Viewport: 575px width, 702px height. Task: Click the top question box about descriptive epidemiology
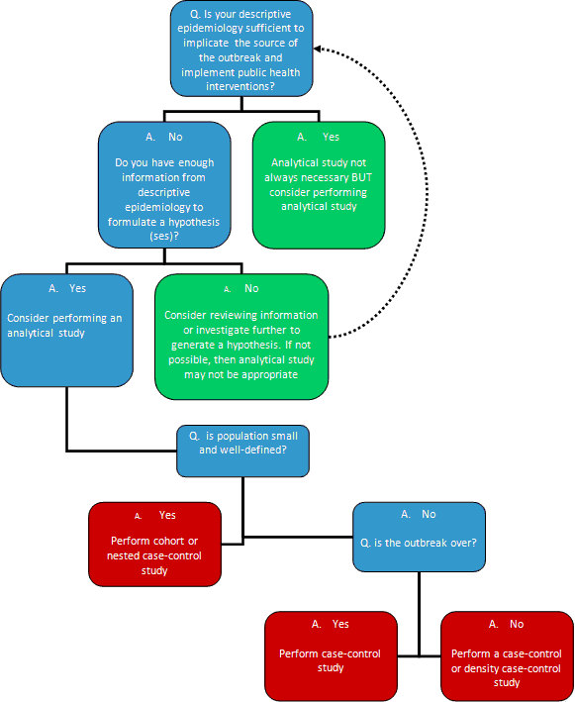(240, 50)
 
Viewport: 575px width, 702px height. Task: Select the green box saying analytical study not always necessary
(318, 184)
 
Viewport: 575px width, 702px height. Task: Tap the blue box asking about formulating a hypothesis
(164, 184)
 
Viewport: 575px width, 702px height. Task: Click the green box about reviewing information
(241, 336)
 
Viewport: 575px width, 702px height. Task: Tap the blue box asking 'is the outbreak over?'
(419, 536)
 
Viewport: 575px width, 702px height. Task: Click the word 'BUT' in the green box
(354, 176)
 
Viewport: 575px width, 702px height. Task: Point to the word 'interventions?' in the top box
(239, 85)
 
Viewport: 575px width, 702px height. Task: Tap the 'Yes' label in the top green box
(330, 138)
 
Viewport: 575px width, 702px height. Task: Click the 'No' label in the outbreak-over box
(428, 515)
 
